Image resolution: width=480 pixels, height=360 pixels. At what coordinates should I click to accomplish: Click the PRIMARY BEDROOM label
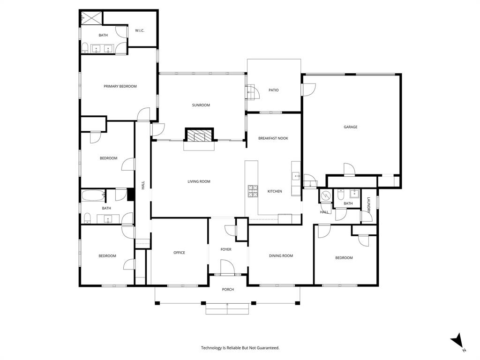[120, 86]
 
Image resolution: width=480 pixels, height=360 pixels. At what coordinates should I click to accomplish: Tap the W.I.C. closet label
[140, 30]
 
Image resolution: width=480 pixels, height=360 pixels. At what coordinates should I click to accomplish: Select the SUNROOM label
[201, 105]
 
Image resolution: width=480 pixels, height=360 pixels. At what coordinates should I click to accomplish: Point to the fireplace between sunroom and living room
[199, 136]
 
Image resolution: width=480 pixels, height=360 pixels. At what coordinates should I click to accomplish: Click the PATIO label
[274, 90]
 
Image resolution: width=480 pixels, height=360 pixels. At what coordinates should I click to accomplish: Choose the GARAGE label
[350, 127]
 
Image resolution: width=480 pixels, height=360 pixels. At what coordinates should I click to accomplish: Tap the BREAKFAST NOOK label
[273, 138]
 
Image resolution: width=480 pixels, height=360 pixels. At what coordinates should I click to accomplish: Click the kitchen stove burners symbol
[253, 190]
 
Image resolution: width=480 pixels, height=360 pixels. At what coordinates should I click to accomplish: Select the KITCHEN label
[275, 191]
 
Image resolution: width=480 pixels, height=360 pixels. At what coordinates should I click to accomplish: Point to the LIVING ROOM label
[199, 181]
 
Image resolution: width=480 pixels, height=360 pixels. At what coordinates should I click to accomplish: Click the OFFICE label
[179, 253]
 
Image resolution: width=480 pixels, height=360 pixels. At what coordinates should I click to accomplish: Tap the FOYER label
[226, 249]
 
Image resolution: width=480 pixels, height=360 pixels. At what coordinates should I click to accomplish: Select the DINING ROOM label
[281, 255]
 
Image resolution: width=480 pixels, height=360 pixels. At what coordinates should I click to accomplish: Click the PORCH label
[228, 289]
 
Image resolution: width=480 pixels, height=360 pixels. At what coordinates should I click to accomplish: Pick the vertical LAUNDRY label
[369, 205]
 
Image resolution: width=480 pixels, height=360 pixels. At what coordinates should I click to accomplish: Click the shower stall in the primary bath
[90, 18]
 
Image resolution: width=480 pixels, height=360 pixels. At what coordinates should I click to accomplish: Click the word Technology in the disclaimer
[212, 348]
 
